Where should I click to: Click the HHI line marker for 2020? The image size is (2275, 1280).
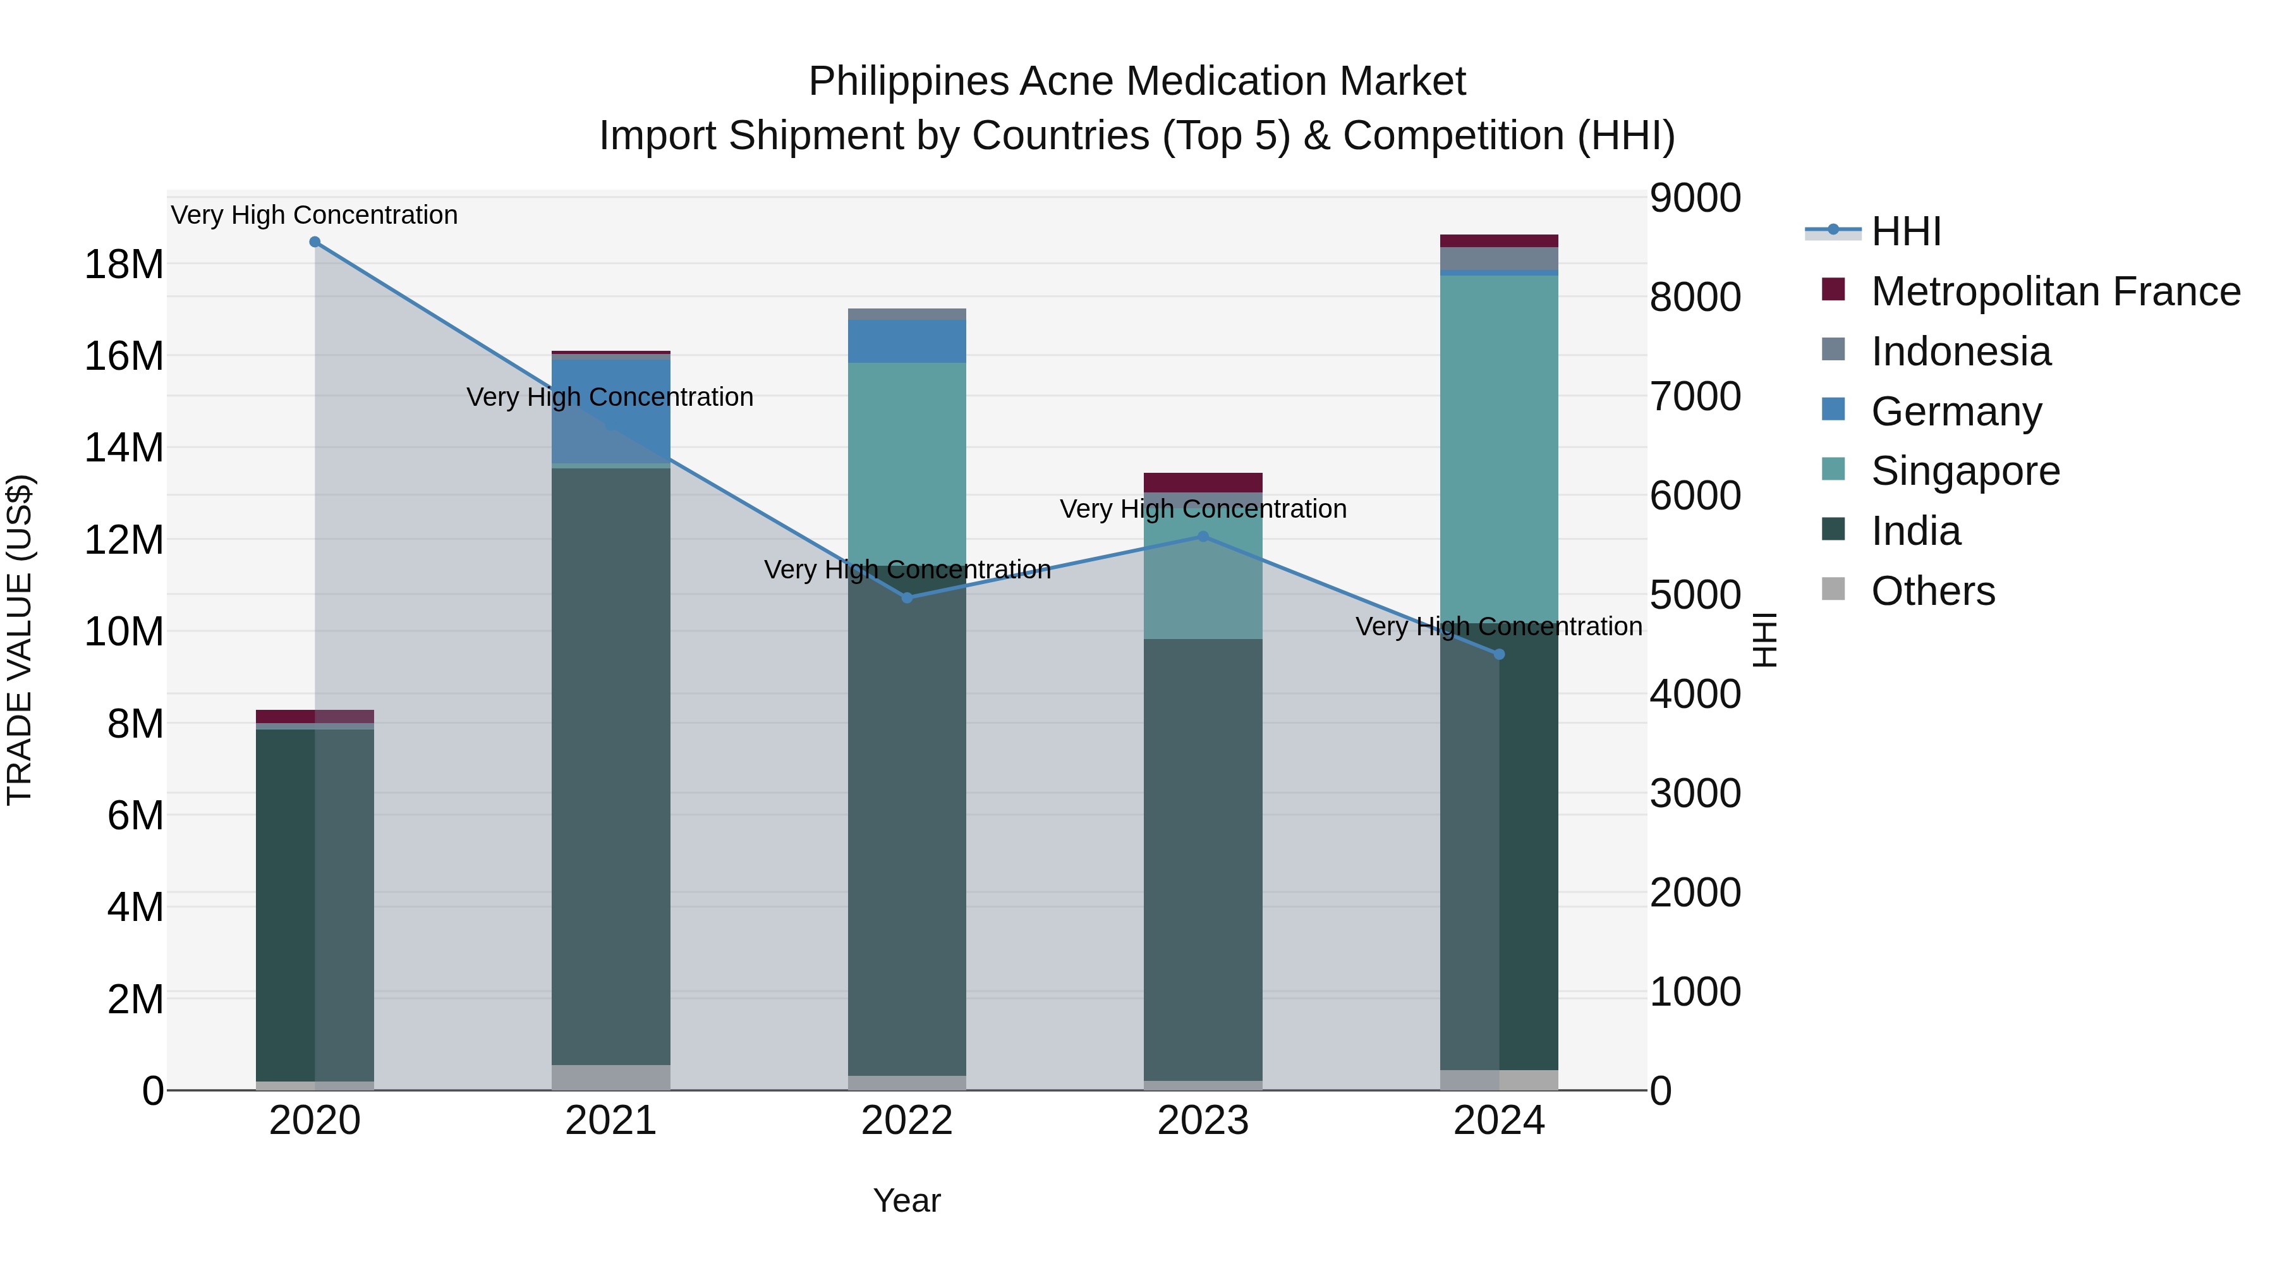coord(315,242)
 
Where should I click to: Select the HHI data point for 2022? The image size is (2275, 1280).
coord(907,598)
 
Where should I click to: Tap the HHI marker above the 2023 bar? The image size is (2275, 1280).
coord(1203,536)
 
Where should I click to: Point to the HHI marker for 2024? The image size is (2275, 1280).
coord(1499,655)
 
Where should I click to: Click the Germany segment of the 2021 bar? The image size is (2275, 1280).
coord(611,411)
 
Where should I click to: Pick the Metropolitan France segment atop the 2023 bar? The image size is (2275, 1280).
coord(1203,482)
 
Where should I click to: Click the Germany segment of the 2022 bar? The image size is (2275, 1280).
coord(907,341)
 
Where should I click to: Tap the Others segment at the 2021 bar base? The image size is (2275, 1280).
coord(611,1077)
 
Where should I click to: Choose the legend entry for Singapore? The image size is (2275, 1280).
coord(1965,471)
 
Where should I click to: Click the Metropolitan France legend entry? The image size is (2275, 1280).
coord(2055,291)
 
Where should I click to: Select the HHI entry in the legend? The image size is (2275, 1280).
coord(1906,231)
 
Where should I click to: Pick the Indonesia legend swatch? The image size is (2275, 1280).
coord(1833,350)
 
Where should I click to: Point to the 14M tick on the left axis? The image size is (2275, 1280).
coord(124,448)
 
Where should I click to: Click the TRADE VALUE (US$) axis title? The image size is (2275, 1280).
coord(20,640)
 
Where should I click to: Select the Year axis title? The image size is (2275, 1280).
coord(907,1200)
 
